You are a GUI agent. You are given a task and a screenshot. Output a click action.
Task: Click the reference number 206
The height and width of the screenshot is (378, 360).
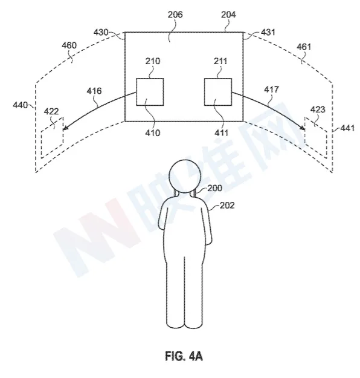click(175, 15)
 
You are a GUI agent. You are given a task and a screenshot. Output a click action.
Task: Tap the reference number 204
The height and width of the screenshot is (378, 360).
click(228, 15)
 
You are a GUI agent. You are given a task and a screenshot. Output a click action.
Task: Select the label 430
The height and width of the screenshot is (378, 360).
click(101, 32)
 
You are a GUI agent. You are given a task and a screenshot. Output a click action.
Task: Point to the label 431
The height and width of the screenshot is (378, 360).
click(268, 32)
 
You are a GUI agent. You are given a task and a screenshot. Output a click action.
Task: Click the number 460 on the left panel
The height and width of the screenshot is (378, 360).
click(69, 45)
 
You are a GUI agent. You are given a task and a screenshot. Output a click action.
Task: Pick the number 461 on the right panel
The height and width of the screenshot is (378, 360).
click(304, 47)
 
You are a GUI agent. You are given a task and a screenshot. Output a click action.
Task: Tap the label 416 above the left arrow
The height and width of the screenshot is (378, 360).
click(94, 91)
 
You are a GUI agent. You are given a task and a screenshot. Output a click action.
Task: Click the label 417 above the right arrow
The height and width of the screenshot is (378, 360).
click(271, 90)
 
